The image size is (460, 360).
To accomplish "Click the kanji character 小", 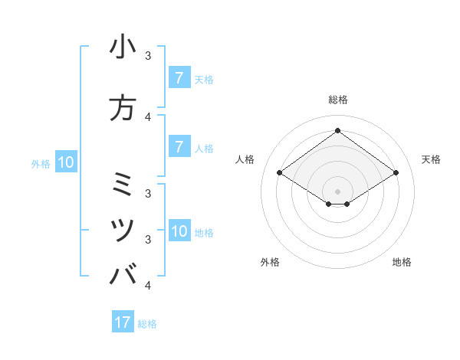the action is (123, 47).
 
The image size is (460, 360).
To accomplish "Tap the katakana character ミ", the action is (123, 183).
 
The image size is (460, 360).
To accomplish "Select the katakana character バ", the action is (123, 274).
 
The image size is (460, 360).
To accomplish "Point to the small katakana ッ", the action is (123, 231).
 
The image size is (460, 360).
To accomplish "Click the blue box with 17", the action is (123, 322).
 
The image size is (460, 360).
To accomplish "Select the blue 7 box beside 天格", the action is (179, 77).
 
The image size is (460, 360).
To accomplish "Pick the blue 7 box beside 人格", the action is (179, 147).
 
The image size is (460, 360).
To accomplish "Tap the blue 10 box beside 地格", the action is (179, 231).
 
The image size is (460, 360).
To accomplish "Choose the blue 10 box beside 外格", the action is (65, 162).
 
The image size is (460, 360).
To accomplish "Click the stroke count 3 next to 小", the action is (148, 56).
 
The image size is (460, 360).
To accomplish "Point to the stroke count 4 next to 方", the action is (148, 117).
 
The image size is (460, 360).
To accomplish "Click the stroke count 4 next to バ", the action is (148, 286).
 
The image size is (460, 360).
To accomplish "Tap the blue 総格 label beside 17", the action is (147, 324).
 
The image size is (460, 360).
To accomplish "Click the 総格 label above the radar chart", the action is (337, 100).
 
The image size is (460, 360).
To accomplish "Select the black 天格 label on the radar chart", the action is (431, 159).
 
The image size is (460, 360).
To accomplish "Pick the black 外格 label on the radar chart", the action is (270, 262).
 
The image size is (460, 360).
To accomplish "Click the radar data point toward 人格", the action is (279, 173).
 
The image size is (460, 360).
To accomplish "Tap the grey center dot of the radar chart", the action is (337, 191).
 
